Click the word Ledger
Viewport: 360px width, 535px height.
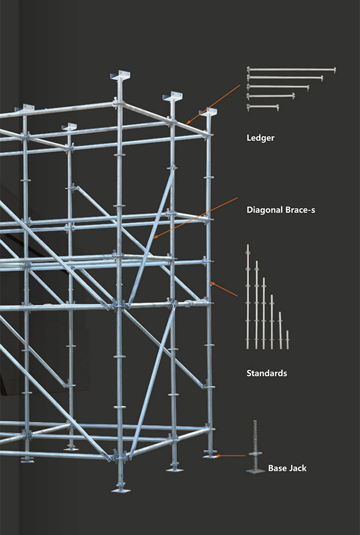point(260,138)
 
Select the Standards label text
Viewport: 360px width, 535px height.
point(266,373)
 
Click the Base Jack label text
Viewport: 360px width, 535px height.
point(287,468)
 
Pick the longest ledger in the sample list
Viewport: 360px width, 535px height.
point(291,70)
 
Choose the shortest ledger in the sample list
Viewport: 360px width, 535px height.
point(262,106)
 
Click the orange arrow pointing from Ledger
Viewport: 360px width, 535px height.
point(213,104)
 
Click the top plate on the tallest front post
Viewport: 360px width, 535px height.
point(120,76)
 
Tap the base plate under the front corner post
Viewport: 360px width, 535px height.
point(120,490)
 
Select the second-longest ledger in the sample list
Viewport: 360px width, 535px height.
point(285,77)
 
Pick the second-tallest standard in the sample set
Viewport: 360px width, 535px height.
point(256,305)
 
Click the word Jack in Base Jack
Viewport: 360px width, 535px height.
point(297,468)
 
